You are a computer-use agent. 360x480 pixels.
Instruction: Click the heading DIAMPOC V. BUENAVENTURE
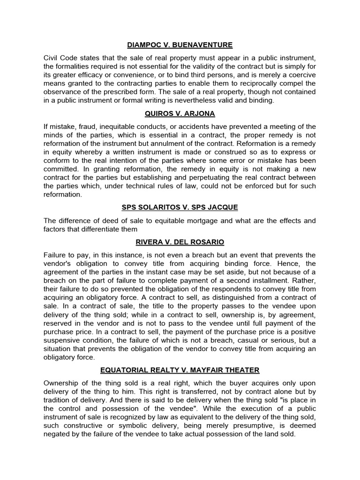[x=180, y=45]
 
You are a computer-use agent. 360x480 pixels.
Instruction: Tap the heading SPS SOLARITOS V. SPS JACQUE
[x=180, y=208]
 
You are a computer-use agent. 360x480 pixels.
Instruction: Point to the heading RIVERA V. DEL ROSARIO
[x=180, y=242]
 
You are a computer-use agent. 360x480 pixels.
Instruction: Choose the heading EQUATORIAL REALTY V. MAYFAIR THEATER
[x=180, y=370]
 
